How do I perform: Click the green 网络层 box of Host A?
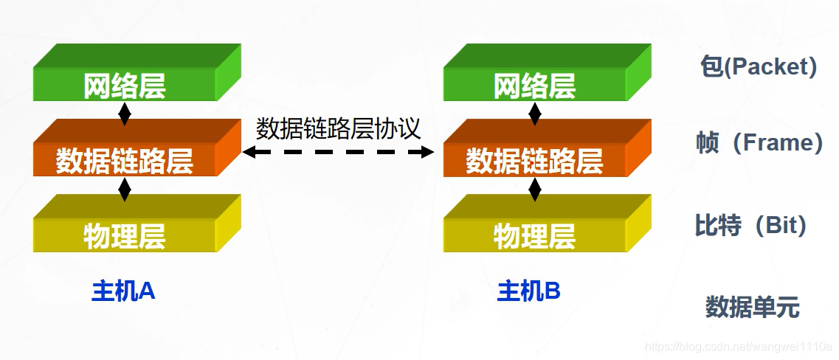coord(125,85)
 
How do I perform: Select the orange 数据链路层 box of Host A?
coord(125,160)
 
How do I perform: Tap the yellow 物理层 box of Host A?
coord(125,235)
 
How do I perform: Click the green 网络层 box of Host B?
coord(535,85)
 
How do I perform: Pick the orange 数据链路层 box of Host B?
coord(535,160)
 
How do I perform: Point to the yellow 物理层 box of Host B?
coord(535,235)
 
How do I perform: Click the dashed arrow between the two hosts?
coord(339,152)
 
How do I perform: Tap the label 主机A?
coord(123,291)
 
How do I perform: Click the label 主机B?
coord(529,291)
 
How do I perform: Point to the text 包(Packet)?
coord(758,67)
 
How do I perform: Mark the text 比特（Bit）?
coord(751,225)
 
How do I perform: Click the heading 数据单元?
coord(752,307)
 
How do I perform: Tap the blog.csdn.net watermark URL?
coord(739,346)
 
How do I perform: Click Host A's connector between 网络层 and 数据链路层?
coord(125,113)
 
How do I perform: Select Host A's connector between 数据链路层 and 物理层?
coord(125,189)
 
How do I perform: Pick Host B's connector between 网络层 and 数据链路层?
coord(535,113)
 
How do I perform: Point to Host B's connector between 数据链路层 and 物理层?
coord(535,189)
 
